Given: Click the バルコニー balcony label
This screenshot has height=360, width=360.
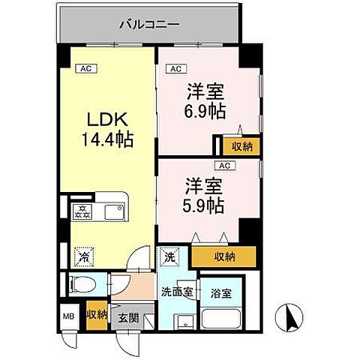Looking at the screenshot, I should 149,24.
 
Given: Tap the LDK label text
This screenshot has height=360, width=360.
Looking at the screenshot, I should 109,119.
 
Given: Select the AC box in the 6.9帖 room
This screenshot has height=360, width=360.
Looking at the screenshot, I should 175,70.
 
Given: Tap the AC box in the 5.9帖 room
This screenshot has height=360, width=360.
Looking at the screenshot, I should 223,166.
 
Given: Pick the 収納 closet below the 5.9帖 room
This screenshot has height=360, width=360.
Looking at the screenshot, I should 223,256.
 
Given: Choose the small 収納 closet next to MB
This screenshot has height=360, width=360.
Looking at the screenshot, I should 95,315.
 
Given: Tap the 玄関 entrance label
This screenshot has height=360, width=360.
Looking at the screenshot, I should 124,317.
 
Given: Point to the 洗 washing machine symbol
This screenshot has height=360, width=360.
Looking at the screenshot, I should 169,256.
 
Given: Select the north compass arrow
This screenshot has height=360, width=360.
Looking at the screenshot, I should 289,318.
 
